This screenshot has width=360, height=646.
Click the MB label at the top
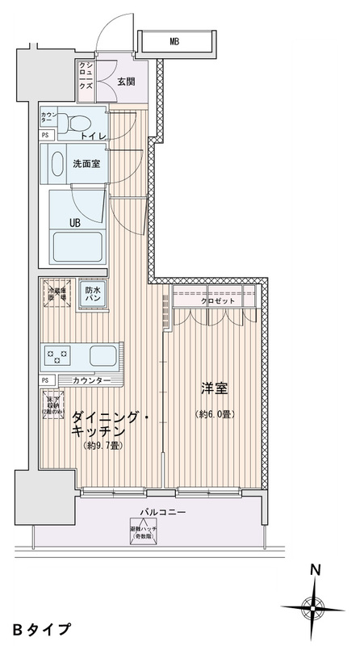(174, 40)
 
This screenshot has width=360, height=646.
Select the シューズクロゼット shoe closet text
(86, 80)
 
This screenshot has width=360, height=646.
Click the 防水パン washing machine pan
(94, 295)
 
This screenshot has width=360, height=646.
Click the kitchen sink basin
(103, 354)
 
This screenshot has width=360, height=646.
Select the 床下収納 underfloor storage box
(53, 404)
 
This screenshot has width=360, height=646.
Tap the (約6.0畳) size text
(216, 416)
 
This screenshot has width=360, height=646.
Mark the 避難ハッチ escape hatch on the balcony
(144, 533)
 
